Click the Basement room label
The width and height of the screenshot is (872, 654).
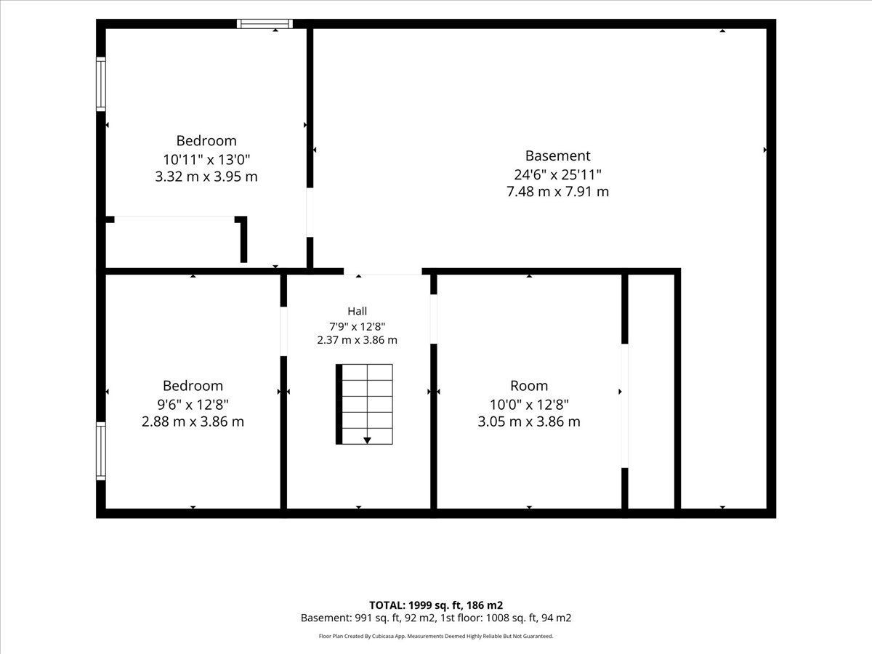[x=557, y=156]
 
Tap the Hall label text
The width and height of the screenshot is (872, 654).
[x=357, y=311]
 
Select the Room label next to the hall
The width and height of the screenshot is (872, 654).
[x=529, y=386]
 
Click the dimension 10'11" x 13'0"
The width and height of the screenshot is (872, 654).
[x=206, y=160]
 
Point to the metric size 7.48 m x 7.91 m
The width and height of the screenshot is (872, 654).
[x=557, y=192]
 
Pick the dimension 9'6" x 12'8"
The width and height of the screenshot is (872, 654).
[x=193, y=405]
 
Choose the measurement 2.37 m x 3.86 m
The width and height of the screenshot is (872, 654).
[x=357, y=340]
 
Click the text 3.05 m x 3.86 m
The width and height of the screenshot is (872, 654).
[x=529, y=421]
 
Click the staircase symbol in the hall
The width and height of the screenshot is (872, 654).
[x=364, y=404]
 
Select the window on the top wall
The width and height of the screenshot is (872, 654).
[x=265, y=24]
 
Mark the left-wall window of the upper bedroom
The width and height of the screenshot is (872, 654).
[x=101, y=84]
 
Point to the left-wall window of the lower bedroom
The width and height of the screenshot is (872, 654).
[x=101, y=451]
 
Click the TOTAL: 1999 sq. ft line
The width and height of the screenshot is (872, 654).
[x=436, y=605]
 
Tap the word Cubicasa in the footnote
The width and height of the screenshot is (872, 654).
[x=381, y=636]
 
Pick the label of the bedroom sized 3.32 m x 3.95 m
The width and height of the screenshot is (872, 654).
[x=206, y=140]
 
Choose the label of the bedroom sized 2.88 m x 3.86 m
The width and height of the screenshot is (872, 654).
[x=193, y=386]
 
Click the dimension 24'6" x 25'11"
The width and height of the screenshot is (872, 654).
[x=557, y=174]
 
